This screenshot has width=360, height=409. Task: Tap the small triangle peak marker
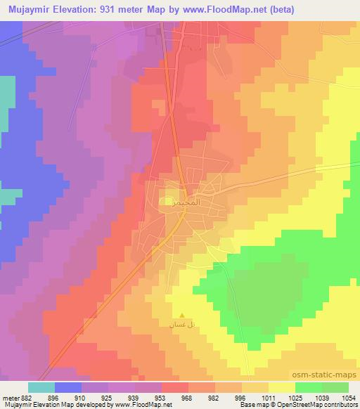183,316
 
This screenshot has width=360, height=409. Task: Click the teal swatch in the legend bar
41,387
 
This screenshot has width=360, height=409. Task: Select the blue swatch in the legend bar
68,387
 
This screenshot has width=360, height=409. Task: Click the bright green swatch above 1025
309,387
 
